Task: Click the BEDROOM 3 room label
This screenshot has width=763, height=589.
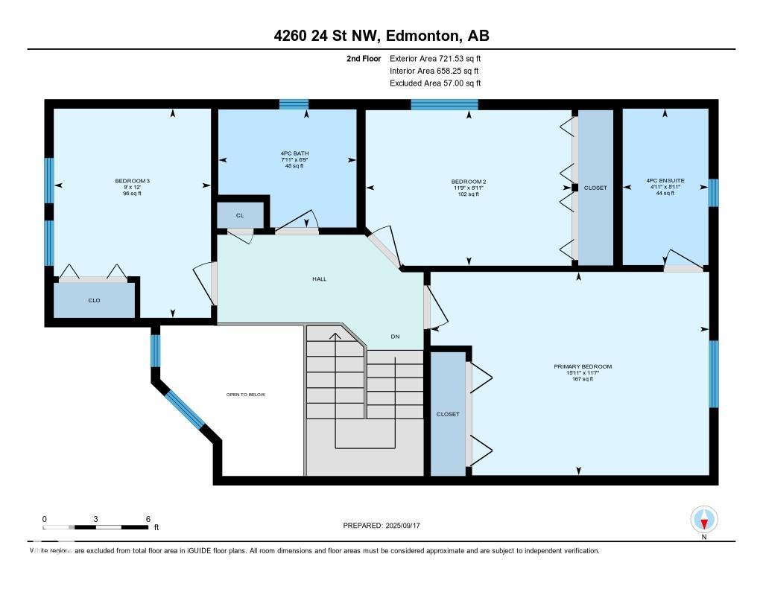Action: coord(133,181)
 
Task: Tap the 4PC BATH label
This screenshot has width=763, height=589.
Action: coord(295,153)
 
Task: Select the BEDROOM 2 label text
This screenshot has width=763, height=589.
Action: coord(469,182)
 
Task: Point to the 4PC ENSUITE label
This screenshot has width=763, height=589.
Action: coord(665,180)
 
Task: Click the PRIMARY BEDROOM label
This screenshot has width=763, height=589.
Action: coord(583,366)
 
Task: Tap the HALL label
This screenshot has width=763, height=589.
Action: coord(319,278)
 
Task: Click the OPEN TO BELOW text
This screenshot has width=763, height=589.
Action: coord(246,395)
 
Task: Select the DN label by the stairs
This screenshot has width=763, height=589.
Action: coord(395,336)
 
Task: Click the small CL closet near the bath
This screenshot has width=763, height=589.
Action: coord(240,215)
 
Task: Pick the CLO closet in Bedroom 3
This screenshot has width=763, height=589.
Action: coord(94,300)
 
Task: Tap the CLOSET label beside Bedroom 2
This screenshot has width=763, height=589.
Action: coord(595,188)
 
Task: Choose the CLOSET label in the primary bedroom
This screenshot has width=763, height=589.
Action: coord(448,414)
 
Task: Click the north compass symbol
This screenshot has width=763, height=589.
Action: coord(704,520)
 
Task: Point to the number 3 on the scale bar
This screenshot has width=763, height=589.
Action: coord(96,519)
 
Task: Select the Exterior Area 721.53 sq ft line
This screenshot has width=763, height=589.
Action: coord(435,58)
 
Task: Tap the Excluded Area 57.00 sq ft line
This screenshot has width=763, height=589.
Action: coord(435,83)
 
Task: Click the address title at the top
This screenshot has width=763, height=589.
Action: coord(381,36)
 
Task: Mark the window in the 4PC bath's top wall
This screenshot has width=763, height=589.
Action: coord(294,104)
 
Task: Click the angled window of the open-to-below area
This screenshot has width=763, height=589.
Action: coord(185,409)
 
